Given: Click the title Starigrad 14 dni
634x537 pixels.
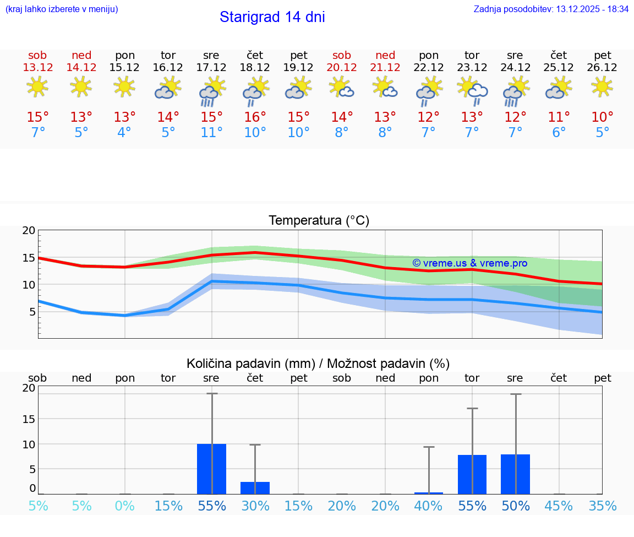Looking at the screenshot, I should (272, 17).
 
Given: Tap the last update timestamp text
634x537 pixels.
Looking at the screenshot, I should (551, 9).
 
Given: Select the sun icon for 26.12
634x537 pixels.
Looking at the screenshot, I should (602, 86).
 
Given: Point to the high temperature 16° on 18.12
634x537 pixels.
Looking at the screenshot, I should (255, 117).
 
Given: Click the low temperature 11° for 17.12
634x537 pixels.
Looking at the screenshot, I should (211, 133).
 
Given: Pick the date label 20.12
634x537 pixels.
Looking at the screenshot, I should (342, 68).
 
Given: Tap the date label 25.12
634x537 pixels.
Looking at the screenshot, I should (559, 68).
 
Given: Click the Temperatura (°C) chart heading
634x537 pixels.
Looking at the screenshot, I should (319, 221).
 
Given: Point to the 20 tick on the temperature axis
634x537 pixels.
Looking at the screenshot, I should (29, 231).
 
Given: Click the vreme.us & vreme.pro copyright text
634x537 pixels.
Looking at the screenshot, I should (470, 263).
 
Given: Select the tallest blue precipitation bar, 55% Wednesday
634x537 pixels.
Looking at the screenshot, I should (211, 469).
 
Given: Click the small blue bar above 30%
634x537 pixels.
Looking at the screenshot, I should (255, 488).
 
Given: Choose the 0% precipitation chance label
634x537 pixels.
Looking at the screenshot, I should (125, 506).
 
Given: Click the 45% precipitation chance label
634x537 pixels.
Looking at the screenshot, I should (559, 506).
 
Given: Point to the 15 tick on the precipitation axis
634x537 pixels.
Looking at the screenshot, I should (29, 419).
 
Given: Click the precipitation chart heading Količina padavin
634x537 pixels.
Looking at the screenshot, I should (318, 364).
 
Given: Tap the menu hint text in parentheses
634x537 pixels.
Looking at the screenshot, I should (61, 9).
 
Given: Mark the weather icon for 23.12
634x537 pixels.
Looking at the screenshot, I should (472, 90).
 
